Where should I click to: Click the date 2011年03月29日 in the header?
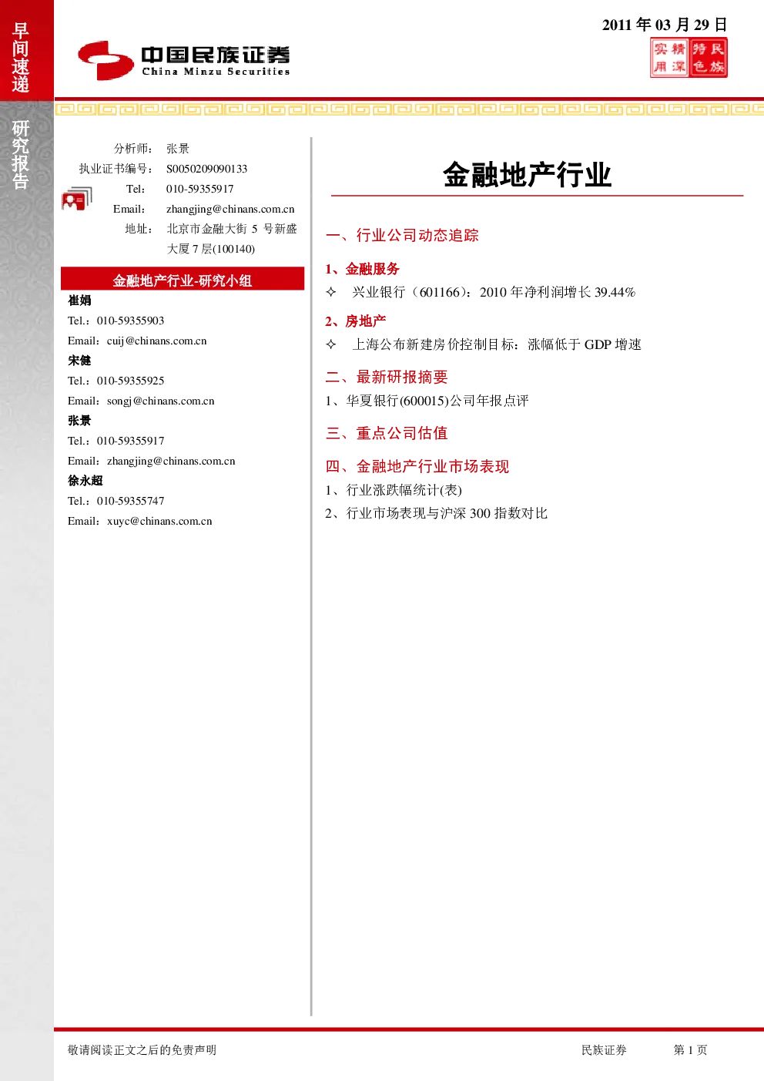click(665, 25)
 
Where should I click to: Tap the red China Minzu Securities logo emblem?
click(106, 60)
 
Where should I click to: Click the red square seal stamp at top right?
click(689, 58)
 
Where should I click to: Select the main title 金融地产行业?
click(528, 174)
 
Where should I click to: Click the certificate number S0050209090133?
click(206, 169)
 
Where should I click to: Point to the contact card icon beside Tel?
click(77, 199)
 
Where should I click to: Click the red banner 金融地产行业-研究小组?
click(183, 279)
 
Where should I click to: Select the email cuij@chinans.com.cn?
click(157, 341)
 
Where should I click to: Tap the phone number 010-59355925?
click(130, 381)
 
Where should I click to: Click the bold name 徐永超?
click(85, 481)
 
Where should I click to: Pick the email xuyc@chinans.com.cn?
click(159, 521)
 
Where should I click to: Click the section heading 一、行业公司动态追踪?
click(402, 235)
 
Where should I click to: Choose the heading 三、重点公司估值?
click(387, 433)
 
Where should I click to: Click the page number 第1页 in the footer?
click(690, 1049)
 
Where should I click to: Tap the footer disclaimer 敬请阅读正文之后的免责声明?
click(142, 1049)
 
